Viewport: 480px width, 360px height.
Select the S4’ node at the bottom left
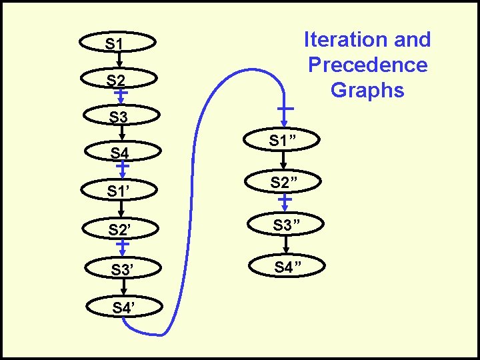point(122,307)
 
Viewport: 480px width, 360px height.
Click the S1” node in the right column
point(283,141)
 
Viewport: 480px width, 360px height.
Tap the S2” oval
point(283,181)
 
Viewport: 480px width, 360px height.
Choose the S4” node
point(283,267)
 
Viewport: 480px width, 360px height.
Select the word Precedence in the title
point(367,65)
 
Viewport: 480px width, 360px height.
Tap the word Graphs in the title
point(367,89)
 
